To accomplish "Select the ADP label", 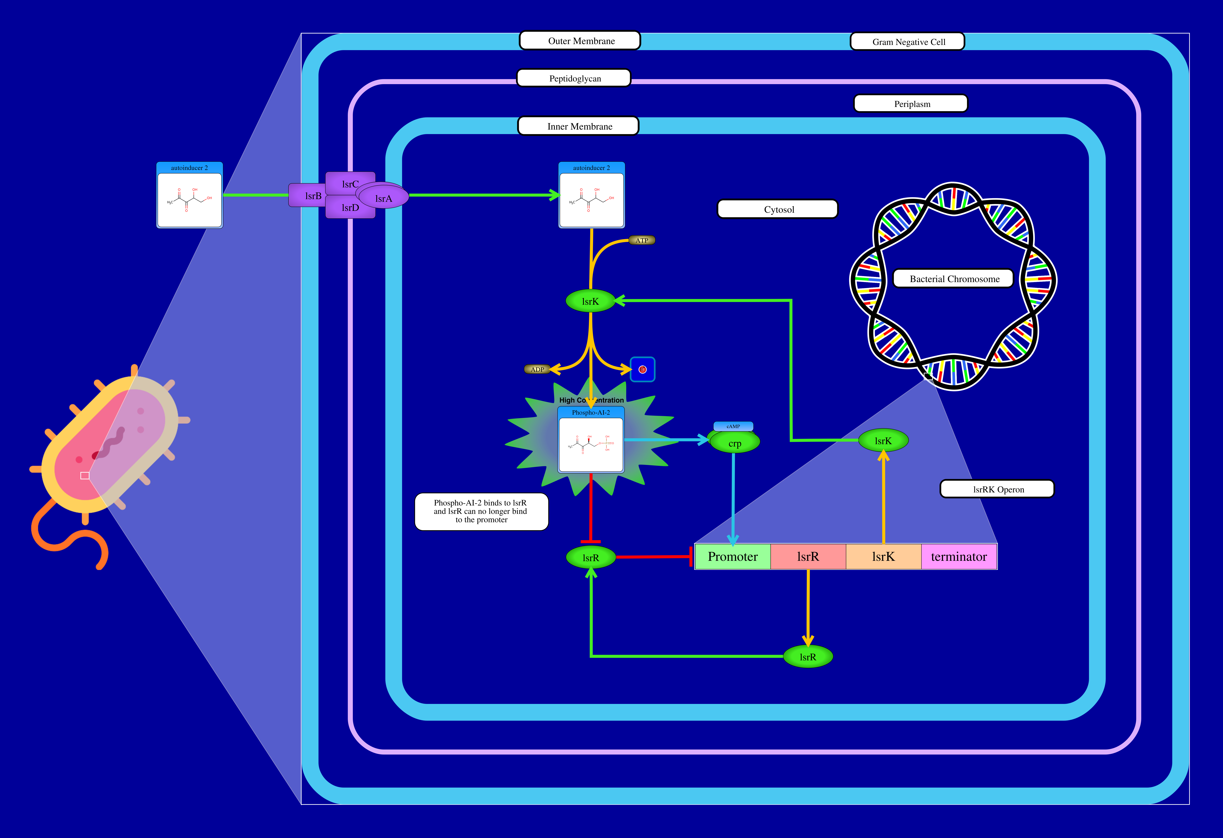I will point(537,370).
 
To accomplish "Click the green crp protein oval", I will point(735,443).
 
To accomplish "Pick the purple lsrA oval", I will point(384,198).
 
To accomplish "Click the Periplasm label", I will point(911,104).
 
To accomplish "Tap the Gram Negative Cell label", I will point(908,42).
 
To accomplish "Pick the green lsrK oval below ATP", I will point(590,301).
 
